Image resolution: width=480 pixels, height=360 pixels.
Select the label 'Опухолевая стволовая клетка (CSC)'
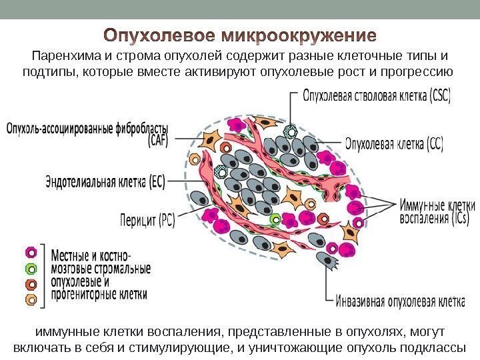pyautogui.click(x=377, y=96)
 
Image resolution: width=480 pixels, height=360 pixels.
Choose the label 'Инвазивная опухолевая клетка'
pyautogui.click(x=399, y=302)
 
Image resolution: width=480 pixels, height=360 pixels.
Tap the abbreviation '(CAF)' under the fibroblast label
pyautogui.click(x=159, y=139)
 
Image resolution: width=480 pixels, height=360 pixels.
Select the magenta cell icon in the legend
pyautogui.click(x=31, y=253)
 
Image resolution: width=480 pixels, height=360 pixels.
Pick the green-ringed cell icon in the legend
pyautogui.click(x=31, y=269)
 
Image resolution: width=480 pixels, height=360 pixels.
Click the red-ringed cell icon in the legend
pyautogui.click(x=31, y=285)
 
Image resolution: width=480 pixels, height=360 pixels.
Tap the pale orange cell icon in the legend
pyautogui.click(x=31, y=300)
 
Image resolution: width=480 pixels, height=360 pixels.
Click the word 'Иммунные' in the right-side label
pyautogui.click(x=421, y=205)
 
